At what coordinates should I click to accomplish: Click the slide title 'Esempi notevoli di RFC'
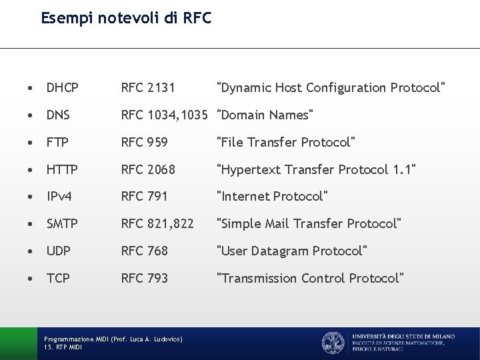pos(126,18)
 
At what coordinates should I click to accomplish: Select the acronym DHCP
pos(63,88)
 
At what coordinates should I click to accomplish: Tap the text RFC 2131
pos(148,88)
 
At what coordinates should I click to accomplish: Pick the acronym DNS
pos(59,115)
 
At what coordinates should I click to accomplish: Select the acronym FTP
pos(57,143)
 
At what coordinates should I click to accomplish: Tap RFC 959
pos(144,143)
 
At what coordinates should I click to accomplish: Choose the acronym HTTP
pos(62,170)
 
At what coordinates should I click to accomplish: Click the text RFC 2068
pos(148,170)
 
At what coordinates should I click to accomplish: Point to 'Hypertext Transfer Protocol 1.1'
pos(317,170)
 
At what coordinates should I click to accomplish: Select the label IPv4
pos(59,197)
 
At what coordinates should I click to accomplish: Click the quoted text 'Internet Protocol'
pos(273,197)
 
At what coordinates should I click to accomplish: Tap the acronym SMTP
pos(62,224)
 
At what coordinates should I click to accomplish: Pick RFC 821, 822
pos(157,224)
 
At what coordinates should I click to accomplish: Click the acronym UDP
pos(59,251)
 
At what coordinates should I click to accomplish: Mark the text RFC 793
pos(144,278)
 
